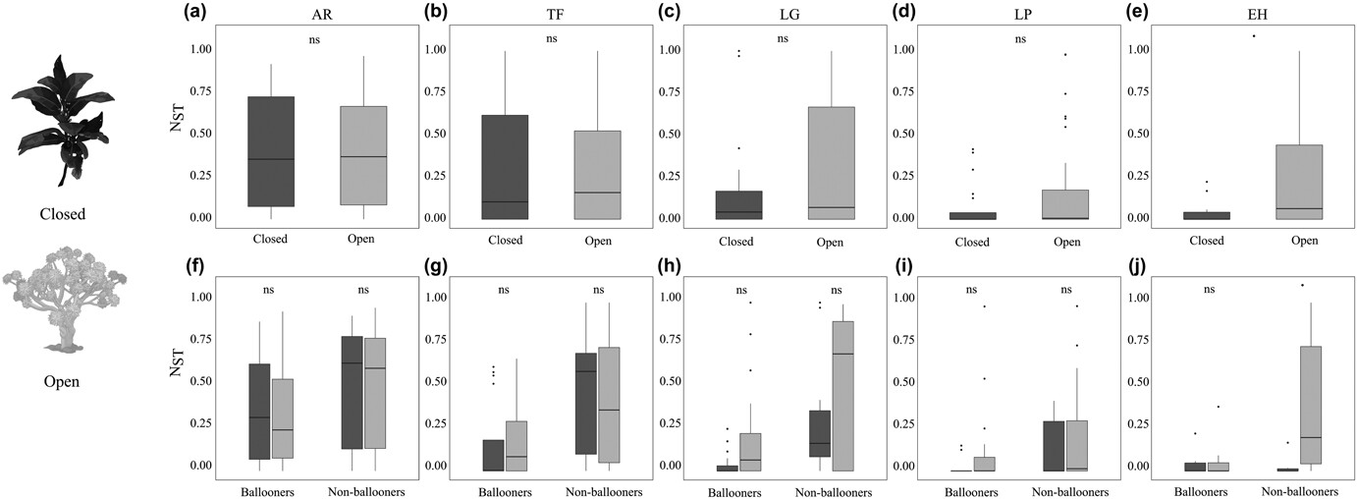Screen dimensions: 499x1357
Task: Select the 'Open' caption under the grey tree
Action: click(62, 381)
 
